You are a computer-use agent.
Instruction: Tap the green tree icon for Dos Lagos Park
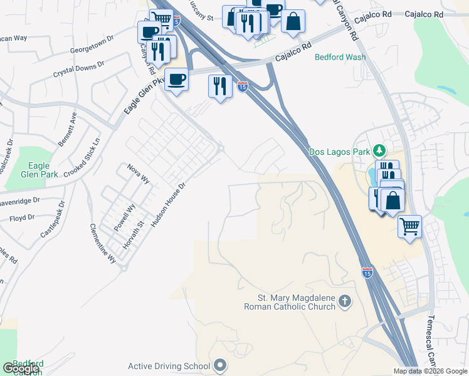click(x=379, y=151)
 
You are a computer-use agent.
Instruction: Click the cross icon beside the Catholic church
click(x=344, y=302)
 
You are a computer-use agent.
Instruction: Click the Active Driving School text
click(x=169, y=366)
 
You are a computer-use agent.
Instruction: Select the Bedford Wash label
click(x=340, y=57)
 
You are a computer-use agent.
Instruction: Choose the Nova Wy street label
click(x=138, y=173)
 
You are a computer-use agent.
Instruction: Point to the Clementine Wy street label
click(x=103, y=243)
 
